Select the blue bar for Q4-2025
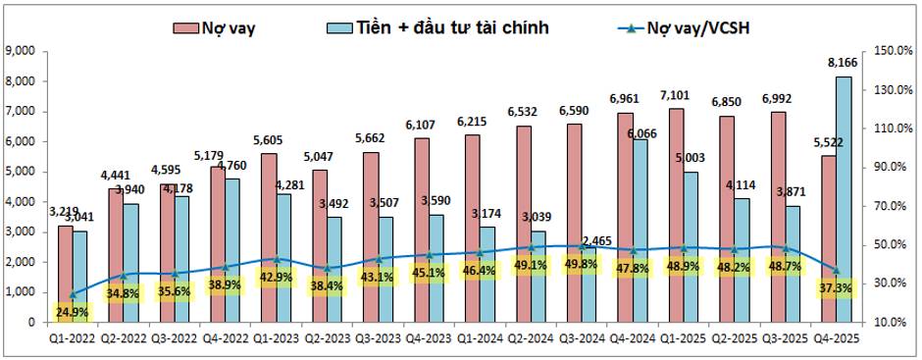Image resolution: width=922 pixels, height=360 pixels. tap(842, 196)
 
